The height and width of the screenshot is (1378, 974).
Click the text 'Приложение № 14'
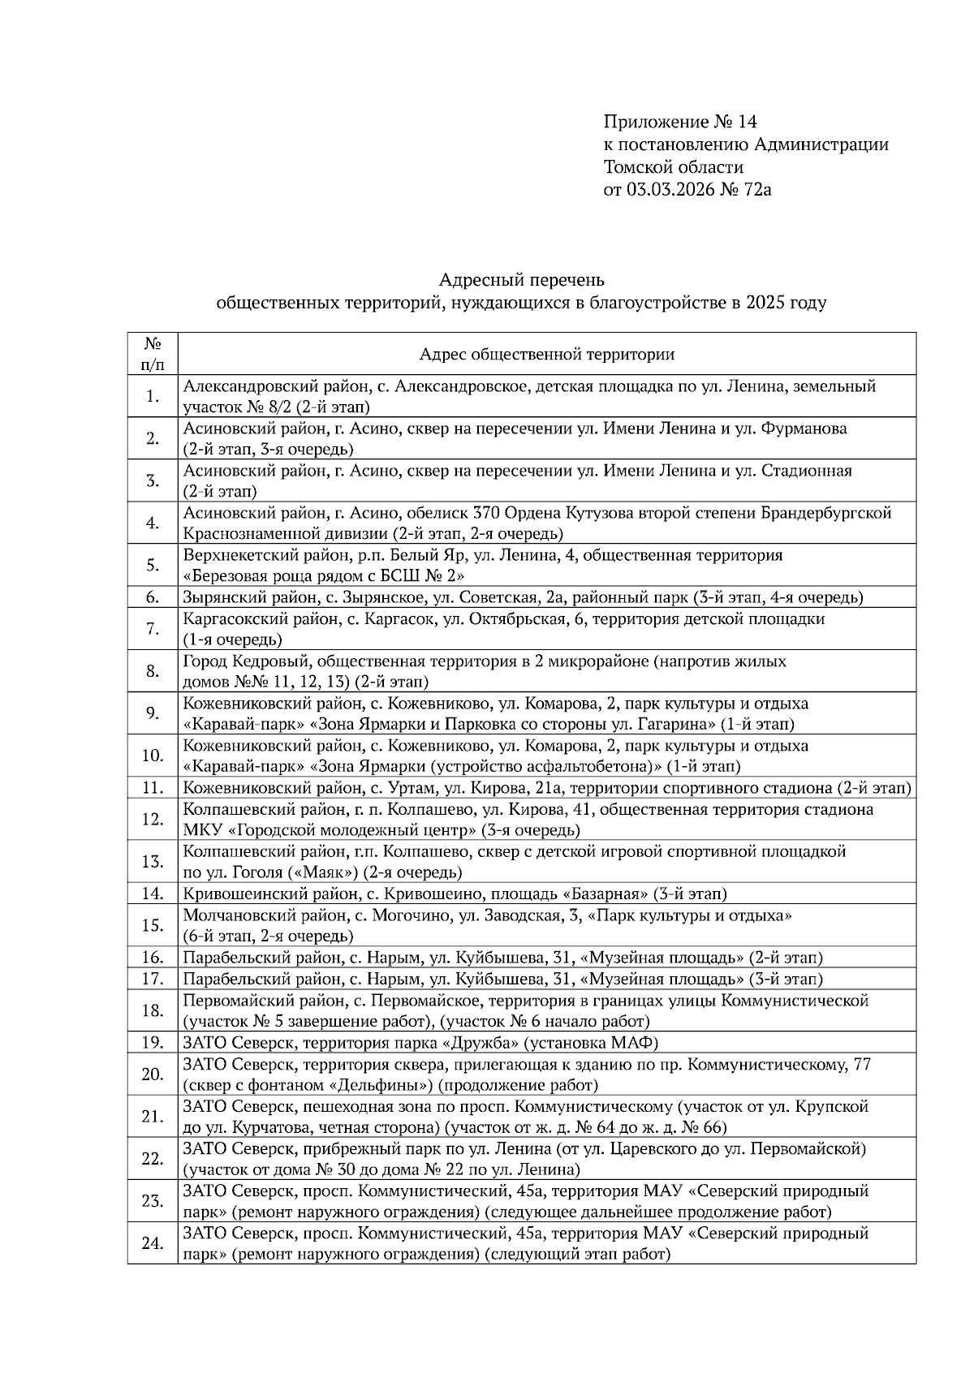coord(679,122)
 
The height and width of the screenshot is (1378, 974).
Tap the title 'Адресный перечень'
coord(521,280)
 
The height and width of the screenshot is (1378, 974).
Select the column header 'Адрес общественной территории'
coord(546,354)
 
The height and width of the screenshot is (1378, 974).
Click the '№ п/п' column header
coord(152,354)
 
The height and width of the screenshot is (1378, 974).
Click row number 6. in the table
coord(152,597)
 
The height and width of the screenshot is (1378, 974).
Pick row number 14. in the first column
coord(152,894)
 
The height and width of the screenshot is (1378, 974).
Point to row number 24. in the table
coord(152,1242)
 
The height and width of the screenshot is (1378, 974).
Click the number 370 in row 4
coord(485,513)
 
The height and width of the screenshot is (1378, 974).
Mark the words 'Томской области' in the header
coord(673,167)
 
